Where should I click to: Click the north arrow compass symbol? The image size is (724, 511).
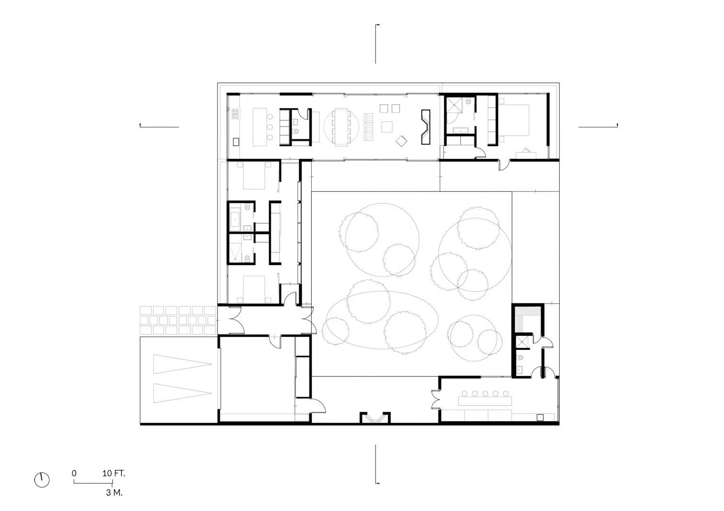(x=42, y=480)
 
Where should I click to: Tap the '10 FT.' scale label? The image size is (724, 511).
(x=114, y=474)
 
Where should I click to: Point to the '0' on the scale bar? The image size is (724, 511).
(x=74, y=474)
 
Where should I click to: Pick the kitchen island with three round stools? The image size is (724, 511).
(x=260, y=127)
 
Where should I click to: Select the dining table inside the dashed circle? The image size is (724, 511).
(x=341, y=127)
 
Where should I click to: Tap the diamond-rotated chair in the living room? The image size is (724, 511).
(x=401, y=141)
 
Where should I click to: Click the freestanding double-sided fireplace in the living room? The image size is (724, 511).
(x=426, y=127)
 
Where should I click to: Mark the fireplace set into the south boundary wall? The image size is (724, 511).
(x=375, y=418)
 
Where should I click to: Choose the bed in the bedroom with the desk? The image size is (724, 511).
(x=514, y=120)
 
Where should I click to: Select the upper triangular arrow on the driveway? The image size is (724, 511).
(x=182, y=365)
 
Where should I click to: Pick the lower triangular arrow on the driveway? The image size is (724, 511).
(x=182, y=393)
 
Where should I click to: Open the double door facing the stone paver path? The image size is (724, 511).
(x=236, y=320)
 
